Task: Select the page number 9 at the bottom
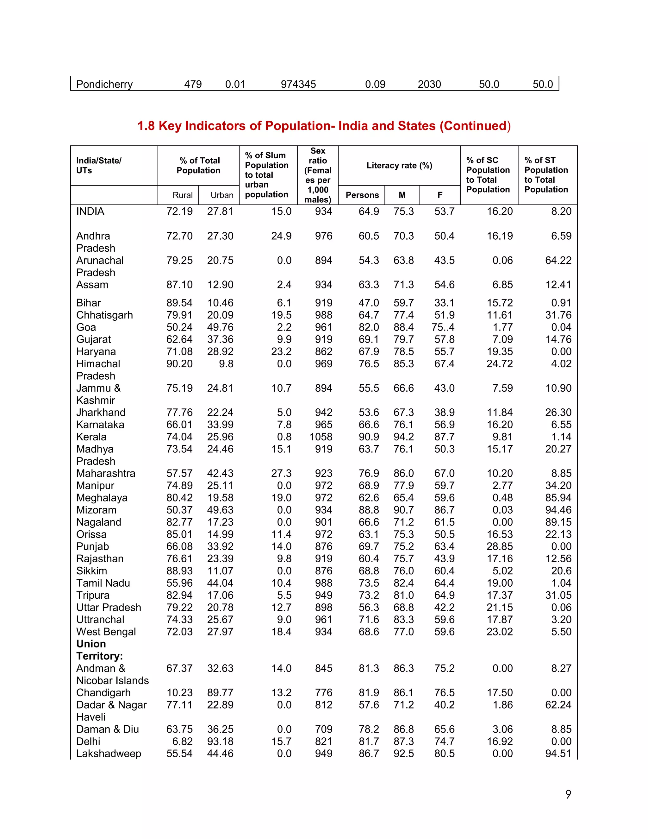point(568,794)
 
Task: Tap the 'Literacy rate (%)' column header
point(399,166)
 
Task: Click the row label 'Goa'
point(86,327)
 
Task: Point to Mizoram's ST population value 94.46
point(558,510)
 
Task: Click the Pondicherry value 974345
point(298,84)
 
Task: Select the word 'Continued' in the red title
point(473,126)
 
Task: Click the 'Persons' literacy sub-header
point(362,195)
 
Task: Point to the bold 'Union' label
point(91,644)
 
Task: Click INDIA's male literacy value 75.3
point(403,211)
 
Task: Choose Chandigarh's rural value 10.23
point(179,693)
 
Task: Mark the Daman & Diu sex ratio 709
point(324,729)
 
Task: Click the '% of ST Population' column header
point(546,175)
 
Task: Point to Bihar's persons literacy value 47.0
point(369,303)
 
